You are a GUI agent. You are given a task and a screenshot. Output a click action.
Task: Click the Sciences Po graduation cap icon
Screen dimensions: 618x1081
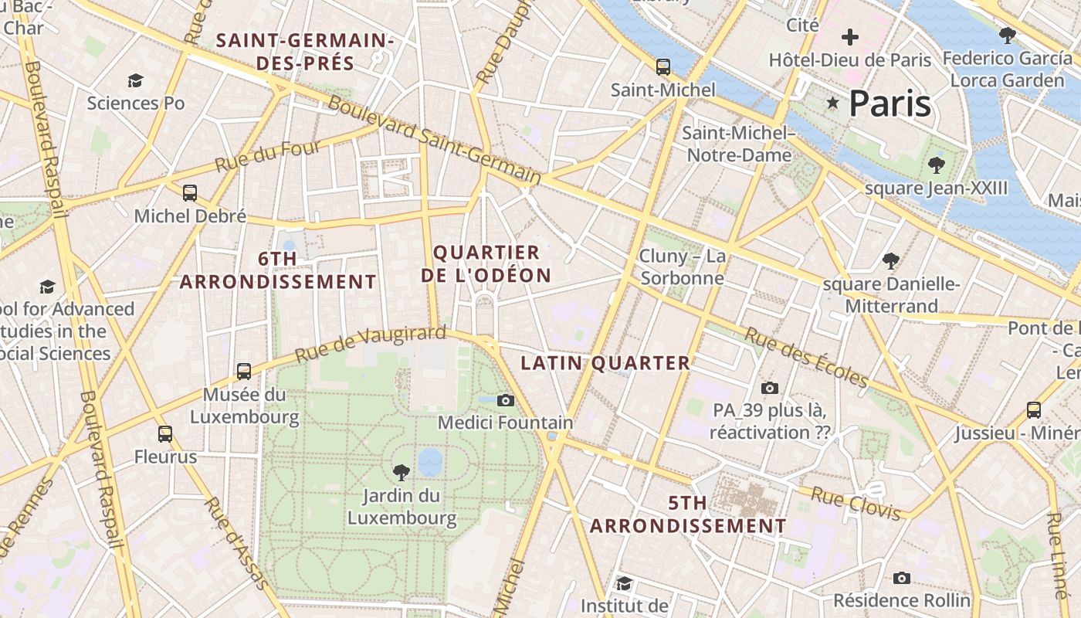pos(136,80)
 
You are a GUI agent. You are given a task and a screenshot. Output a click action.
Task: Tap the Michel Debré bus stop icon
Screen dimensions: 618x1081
pos(190,193)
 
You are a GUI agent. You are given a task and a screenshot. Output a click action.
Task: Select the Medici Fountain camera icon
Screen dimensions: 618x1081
pos(506,399)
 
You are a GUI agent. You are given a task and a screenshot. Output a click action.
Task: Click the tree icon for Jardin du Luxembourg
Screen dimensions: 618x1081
pos(401,472)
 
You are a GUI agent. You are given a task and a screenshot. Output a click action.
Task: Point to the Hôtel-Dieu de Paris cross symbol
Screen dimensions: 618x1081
pos(850,36)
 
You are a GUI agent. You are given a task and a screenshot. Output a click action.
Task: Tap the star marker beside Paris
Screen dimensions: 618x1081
pos(833,103)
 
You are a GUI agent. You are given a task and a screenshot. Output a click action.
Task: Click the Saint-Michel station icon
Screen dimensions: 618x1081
pos(662,67)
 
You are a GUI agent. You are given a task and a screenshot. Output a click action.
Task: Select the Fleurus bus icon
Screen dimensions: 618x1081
pos(165,434)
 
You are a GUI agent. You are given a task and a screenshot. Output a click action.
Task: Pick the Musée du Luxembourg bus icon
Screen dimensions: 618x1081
pos(244,372)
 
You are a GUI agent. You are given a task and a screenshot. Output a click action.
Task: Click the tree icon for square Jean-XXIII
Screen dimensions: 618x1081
pos(937,165)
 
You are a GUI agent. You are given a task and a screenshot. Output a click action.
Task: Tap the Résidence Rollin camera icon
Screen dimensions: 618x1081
pos(901,578)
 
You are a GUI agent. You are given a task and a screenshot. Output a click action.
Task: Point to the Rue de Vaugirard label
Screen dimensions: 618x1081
pos(371,345)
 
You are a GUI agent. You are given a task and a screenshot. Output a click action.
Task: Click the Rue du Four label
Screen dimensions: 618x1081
pos(267,156)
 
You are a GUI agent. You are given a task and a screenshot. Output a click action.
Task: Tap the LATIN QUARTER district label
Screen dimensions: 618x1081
pos(605,363)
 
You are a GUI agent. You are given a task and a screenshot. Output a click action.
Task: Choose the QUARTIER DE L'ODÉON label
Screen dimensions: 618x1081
pos(486,264)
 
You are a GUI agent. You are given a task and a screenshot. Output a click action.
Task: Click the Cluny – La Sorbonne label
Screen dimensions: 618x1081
pos(683,267)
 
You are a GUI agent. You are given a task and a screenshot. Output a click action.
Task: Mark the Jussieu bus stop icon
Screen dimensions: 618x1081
pos(1034,409)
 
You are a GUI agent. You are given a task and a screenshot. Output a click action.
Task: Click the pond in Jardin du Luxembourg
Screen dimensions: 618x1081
pos(430,462)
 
